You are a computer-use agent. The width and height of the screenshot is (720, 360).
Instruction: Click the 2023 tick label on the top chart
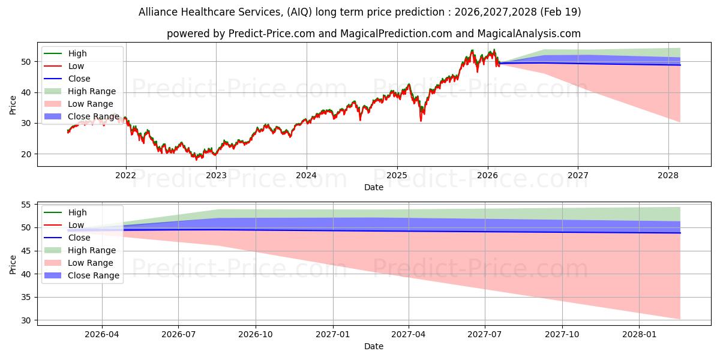(216, 175)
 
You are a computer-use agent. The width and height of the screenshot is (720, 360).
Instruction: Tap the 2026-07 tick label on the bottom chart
(178, 335)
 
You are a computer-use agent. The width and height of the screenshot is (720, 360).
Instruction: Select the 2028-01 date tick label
(639, 335)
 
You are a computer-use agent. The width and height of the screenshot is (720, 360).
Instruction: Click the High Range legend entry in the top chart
(80, 91)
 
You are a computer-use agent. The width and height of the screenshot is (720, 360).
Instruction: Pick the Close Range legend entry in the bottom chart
(82, 275)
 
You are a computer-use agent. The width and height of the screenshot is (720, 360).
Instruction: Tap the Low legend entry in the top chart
(64, 66)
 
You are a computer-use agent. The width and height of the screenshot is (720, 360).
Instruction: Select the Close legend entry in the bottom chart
(67, 238)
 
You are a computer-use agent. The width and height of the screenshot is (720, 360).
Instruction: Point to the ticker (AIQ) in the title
(299, 12)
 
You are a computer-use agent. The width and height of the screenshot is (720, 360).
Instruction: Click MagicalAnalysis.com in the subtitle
(529, 34)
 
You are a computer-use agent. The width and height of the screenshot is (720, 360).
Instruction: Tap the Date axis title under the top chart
(373, 187)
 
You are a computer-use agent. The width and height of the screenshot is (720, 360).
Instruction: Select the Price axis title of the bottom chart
(13, 265)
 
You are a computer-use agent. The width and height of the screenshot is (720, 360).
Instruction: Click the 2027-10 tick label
(562, 335)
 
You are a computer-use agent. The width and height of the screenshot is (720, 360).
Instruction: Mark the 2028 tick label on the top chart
(668, 175)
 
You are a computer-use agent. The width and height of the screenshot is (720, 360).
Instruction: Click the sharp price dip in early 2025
(421, 120)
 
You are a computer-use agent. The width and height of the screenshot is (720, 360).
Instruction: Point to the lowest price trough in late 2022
(196, 158)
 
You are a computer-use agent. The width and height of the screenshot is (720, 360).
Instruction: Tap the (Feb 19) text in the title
(560, 12)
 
